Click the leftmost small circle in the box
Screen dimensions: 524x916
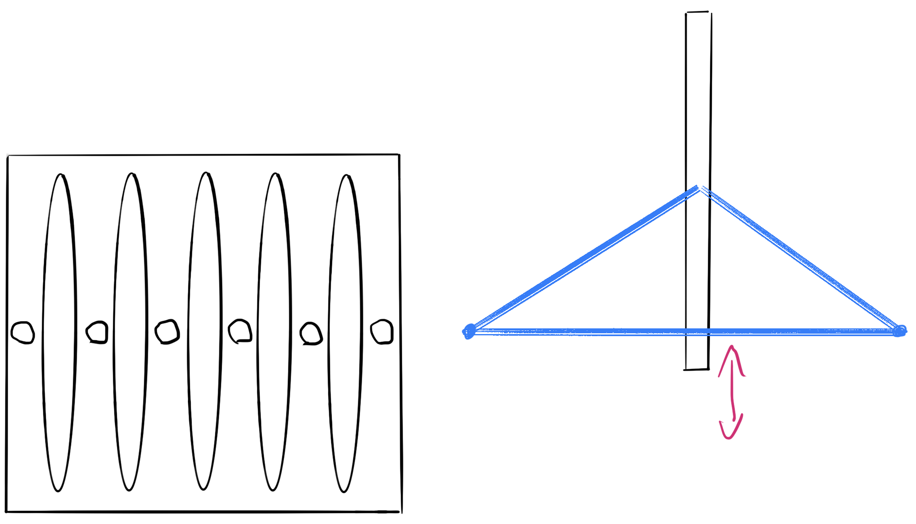click(x=22, y=333)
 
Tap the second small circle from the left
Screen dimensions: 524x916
click(x=97, y=332)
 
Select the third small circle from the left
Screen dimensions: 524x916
click(x=167, y=332)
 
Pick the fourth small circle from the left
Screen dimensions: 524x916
click(x=240, y=331)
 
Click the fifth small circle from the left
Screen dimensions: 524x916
click(x=311, y=334)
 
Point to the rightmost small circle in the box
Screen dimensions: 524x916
click(x=382, y=332)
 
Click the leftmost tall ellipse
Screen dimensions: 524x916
click(x=60, y=333)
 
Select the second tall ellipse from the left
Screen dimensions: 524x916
click(x=130, y=332)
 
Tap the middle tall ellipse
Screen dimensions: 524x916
click(x=205, y=331)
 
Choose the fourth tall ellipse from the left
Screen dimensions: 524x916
click(x=274, y=332)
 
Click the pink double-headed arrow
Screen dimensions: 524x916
click(x=732, y=392)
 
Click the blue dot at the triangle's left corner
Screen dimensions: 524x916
click(x=470, y=331)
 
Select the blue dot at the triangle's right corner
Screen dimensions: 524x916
click(x=900, y=331)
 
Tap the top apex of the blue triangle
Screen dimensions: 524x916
click(x=699, y=189)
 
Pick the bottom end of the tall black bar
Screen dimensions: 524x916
click(x=697, y=369)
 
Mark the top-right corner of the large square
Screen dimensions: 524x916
click(x=399, y=155)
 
